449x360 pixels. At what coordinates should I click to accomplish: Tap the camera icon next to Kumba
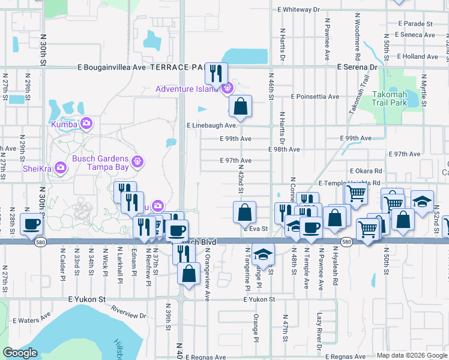86,123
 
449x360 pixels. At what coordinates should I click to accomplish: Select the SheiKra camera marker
60,167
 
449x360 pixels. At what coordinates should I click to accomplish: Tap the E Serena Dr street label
357,67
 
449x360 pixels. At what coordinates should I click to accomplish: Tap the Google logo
20,353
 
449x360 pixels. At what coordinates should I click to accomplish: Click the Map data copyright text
411,355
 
